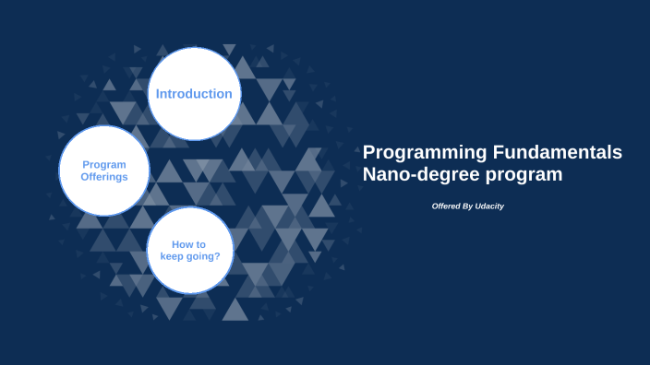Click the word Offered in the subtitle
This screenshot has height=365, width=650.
click(x=447, y=206)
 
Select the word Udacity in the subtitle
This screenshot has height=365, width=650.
click(x=489, y=206)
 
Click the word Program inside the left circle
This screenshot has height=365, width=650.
click(x=104, y=164)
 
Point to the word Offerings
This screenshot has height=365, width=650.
click(x=103, y=176)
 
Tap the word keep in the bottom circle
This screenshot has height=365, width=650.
click(x=173, y=256)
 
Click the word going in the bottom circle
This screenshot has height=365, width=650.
click(x=202, y=257)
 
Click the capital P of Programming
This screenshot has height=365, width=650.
click(x=369, y=152)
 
